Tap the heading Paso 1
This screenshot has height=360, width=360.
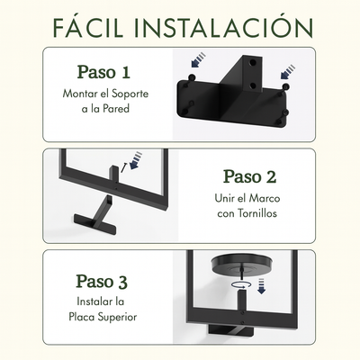(103, 72)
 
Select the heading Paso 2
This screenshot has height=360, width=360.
(249, 176)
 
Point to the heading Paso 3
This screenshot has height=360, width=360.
(102, 282)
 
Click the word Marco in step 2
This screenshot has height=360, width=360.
(265, 198)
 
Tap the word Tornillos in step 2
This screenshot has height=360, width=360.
(257, 213)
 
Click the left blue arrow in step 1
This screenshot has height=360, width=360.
(199, 59)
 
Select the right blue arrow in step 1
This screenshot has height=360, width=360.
(288, 72)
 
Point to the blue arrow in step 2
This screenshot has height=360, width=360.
(135, 160)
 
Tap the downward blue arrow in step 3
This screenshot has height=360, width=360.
(262, 286)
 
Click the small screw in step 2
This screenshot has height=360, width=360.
(123, 167)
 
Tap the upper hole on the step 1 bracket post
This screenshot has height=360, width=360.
(253, 63)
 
